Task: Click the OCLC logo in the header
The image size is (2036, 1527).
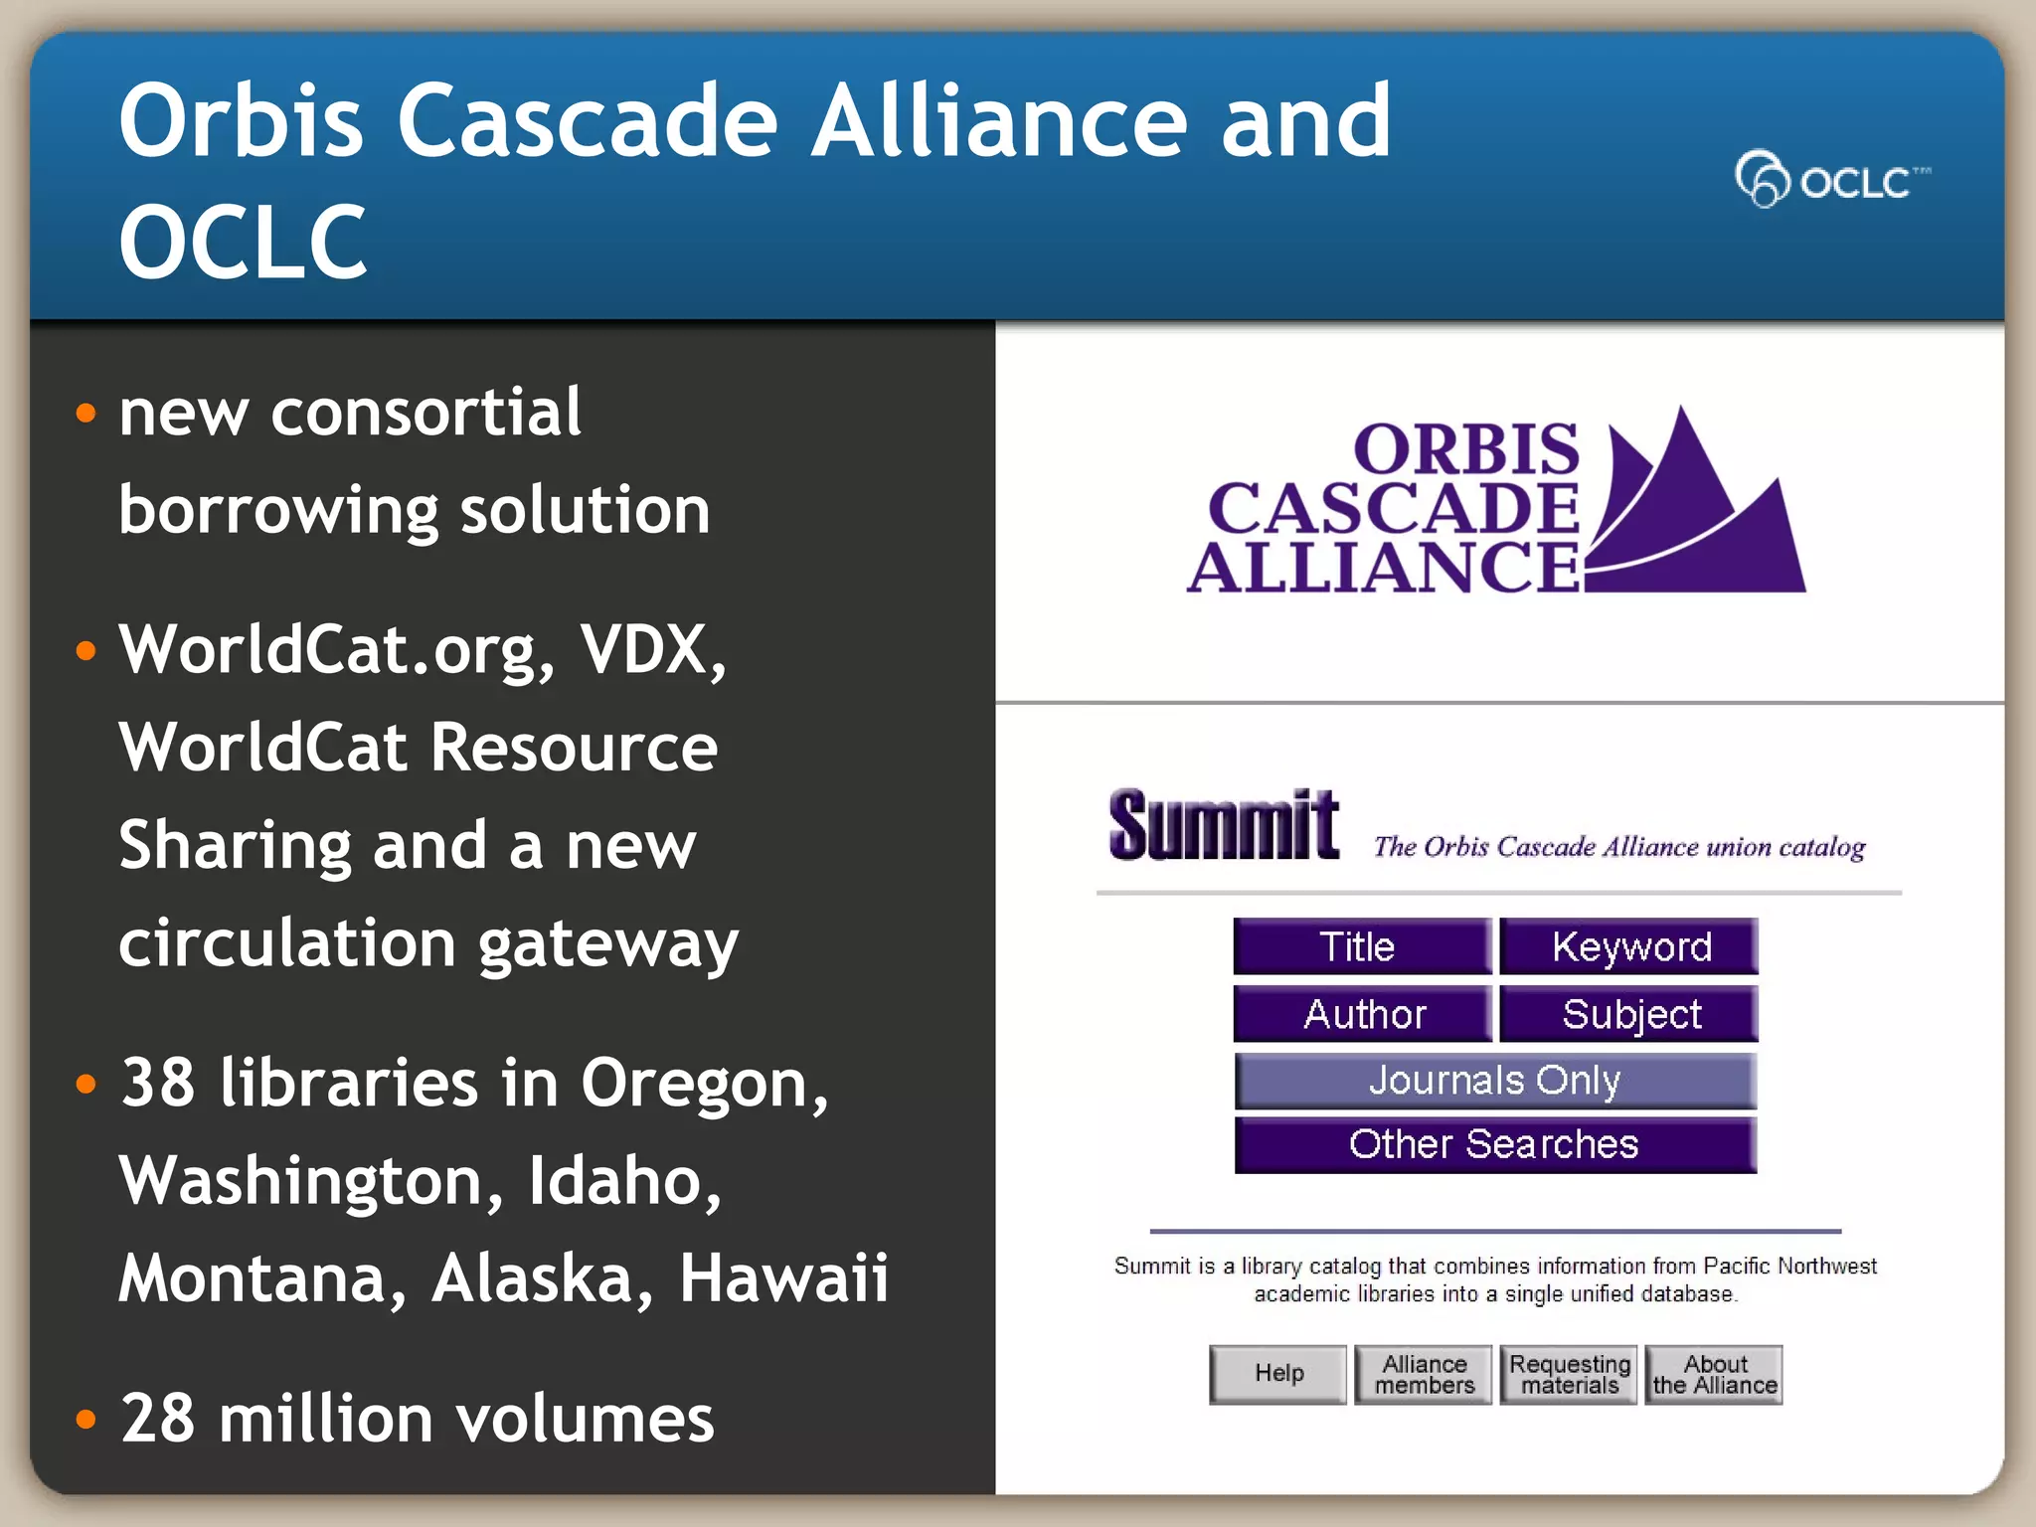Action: (1831, 180)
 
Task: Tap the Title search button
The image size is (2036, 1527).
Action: (1361, 946)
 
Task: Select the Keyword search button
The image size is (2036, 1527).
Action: (1629, 946)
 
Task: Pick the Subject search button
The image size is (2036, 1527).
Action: (1629, 1014)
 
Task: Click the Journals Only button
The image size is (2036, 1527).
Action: (1495, 1081)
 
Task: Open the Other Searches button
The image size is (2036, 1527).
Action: (1495, 1145)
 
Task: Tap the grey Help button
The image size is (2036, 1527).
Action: (1278, 1374)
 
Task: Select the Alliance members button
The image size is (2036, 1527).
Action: (1424, 1374)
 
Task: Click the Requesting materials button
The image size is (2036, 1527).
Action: (1569, 1374)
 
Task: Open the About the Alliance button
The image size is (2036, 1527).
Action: (1714, 1374)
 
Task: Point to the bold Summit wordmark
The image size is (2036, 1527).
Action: (1224, 825)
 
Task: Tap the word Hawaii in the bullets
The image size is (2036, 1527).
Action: (783, 1277)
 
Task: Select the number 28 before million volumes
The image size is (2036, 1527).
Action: (157, 1419)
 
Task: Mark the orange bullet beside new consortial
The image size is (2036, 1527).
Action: (86, 413)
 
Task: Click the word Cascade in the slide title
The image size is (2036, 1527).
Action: (587, 121)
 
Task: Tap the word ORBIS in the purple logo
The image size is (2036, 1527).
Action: (1466, 449)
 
